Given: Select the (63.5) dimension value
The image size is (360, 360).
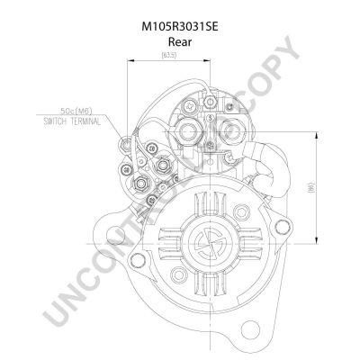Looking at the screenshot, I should [x=168, y=56].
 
